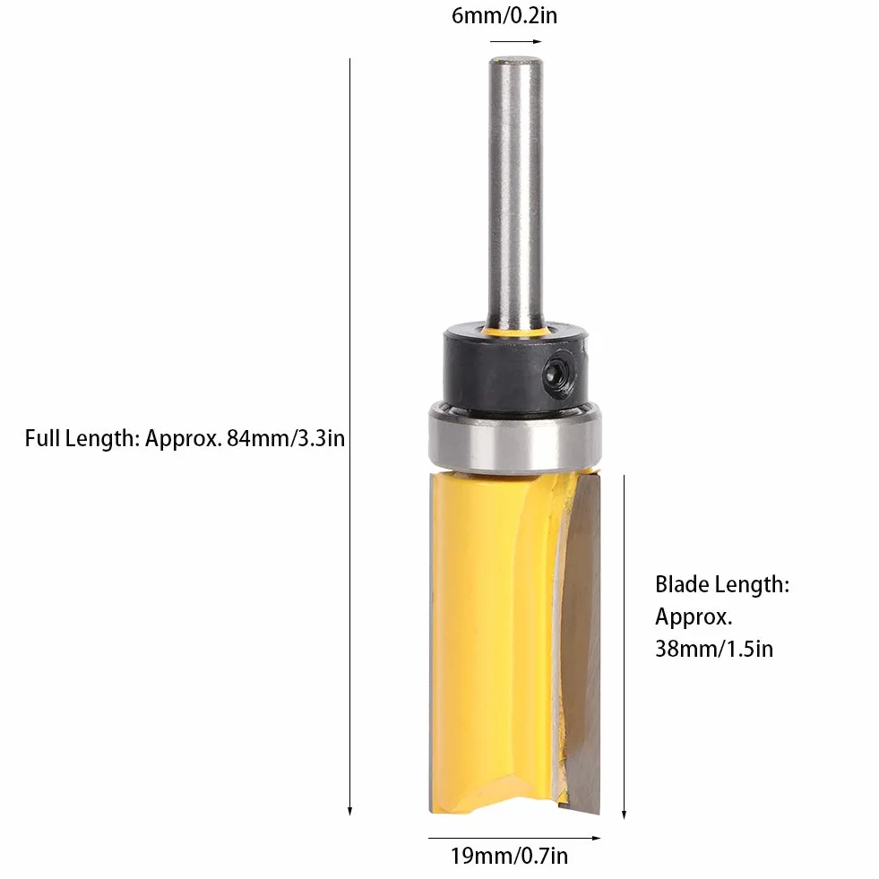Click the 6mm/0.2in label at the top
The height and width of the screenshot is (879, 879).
[x=504, y=16]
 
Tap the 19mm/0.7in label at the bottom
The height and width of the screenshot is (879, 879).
[x=509, y=856]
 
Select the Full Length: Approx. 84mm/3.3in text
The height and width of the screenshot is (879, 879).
[x=185, y=438]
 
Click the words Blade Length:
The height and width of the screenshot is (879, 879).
[x=722, y=585]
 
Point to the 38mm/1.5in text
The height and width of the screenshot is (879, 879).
[x=713, y=649]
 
